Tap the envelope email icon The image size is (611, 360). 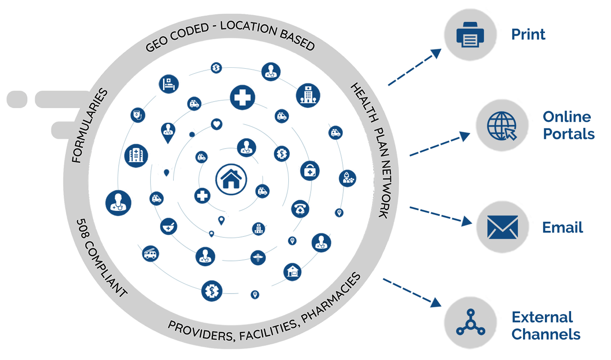click(502, 227)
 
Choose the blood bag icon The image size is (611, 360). click(138, 115)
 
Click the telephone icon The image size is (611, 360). click(301, 209)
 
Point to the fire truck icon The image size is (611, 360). click(150, 254)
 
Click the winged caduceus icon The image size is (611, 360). click(259, 257)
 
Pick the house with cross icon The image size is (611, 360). click(293, 272)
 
